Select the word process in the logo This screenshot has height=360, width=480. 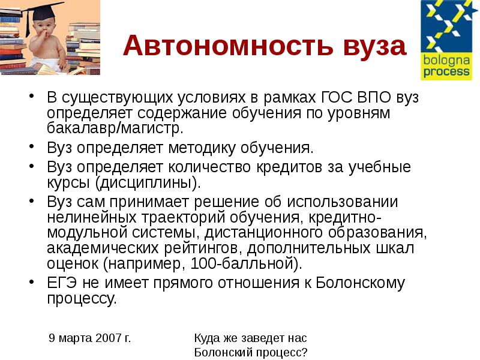[x=445, y=72]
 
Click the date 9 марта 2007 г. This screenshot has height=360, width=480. [x=90, y=338]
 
